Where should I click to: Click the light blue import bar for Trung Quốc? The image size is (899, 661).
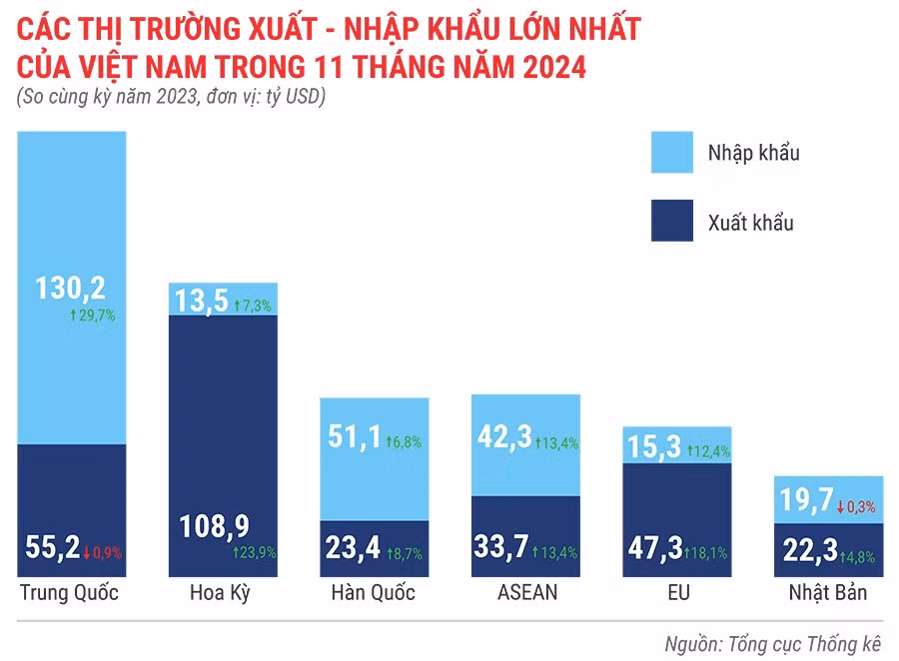tap(71, 220)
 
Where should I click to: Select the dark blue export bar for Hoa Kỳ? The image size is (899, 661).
tap(223, 419)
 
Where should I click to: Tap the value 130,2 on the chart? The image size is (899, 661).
tap(71, 289)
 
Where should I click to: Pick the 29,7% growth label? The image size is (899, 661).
tap(93, 315)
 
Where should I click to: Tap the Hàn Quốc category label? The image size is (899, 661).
tap(373, 593)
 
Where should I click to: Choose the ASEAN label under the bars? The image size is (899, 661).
tap(526, 593)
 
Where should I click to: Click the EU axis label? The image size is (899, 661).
tap(678, 593)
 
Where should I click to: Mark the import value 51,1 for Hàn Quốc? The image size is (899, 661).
tap(349, 436)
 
